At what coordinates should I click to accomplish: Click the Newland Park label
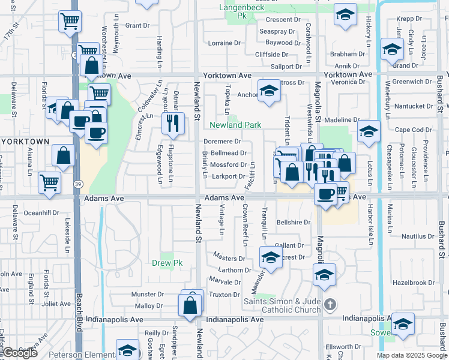coord(235,125)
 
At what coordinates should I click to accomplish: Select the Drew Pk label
coord(166,263)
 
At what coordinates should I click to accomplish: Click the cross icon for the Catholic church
coord(329,305)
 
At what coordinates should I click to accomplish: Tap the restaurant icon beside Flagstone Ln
coord(173,124)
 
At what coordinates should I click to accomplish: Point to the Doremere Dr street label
coord(222,142)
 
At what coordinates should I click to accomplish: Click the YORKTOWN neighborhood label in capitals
coord(25,142)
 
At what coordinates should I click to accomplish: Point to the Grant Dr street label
coord(137,26)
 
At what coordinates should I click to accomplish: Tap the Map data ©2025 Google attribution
coord(411,355)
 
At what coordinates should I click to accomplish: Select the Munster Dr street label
coord(148,295)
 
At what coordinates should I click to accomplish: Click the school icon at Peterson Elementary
coord(127,350)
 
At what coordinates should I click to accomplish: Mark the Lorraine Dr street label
coord(223,43)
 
